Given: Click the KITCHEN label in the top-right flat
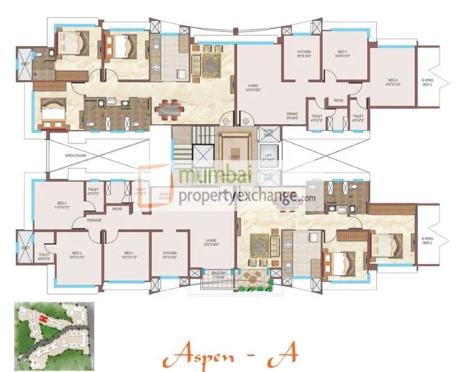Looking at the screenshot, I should pyautogui.click(x=304, y=53).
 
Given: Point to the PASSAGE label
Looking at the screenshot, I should pyautogui.click(x=94, y=220).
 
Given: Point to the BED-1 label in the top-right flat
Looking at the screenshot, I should pyautogui.click(x=342, y=53).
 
